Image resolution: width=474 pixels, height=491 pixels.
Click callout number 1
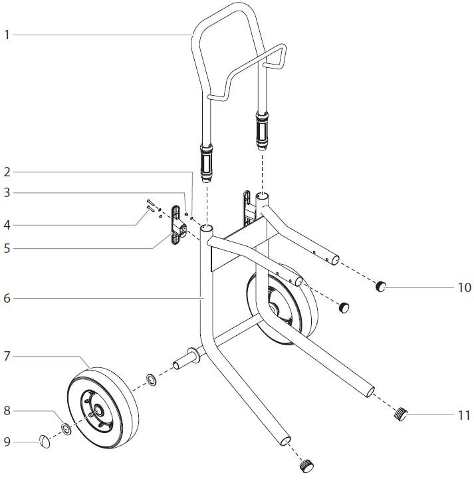[7, 35]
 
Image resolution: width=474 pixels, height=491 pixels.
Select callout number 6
[7, 299]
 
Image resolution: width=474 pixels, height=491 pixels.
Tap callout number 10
[464, 287]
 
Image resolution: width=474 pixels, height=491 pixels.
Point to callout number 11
[464, 415]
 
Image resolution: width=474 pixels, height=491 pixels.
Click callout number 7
[7, 357]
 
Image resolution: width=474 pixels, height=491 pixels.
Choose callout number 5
[7, 248]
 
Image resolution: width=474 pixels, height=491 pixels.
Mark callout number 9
[7, 441]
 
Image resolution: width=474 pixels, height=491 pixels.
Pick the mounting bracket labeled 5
[176, 226]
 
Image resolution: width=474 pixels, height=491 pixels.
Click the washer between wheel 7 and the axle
[152, 380]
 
